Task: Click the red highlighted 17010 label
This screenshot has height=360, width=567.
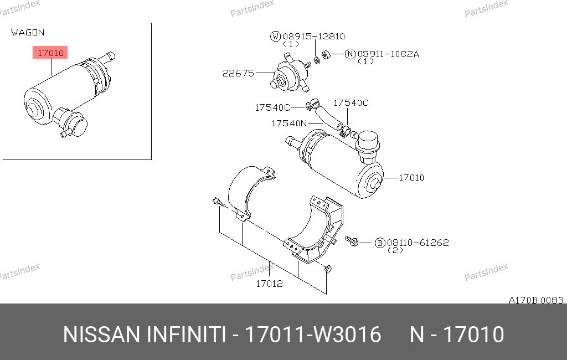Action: tap(50, 53)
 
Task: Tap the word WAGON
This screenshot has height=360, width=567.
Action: tap(28, 33)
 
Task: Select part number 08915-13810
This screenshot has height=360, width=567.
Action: tap(314, 36)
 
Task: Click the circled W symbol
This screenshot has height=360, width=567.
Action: tap(276, 36)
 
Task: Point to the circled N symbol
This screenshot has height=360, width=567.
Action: tap(350, 54)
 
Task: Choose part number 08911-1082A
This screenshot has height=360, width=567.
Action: tap(388, 54)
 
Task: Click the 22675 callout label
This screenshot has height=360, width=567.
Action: tap(238, 73)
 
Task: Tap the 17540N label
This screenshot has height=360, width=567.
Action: tap(289, 124)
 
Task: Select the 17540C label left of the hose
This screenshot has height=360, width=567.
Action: tap(272, 107)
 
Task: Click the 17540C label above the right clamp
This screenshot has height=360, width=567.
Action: tap(350, 103)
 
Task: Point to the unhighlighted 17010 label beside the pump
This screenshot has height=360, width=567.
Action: tap(411, 178)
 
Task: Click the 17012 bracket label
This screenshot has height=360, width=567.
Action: tap(269, 284)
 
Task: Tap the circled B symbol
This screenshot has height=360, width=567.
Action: tap(380, 243)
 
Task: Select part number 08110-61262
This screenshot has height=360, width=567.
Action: tap(417, 243)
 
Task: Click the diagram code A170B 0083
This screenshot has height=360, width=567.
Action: tap(536, 300)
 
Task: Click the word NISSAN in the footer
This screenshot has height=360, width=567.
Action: tap(102, 335)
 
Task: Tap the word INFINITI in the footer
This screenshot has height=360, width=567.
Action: tap(186, 335)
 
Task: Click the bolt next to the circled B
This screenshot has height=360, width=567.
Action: tap(352, 241)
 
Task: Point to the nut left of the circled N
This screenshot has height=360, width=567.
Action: tap(326, 55)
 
